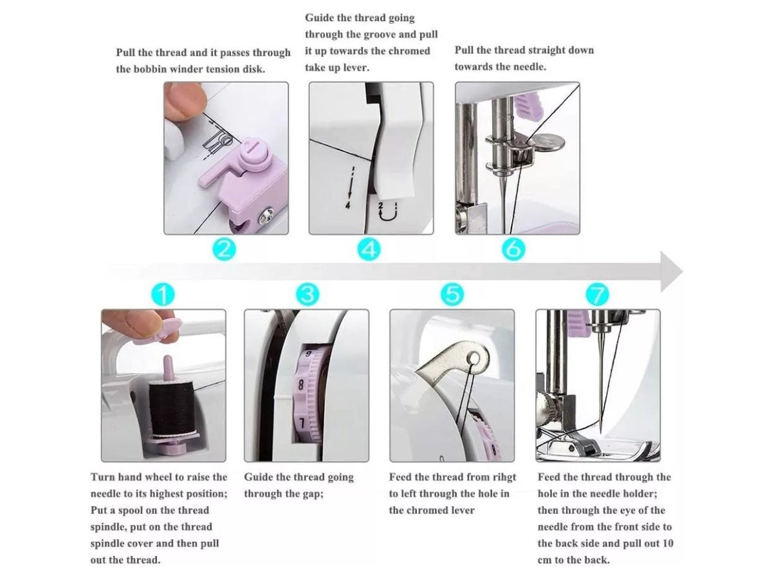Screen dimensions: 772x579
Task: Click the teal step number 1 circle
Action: click(163, 295)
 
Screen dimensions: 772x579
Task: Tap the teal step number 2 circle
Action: click(224, 250)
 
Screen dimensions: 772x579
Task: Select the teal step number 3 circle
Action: click(308, 295)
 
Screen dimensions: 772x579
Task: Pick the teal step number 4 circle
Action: click(369, 250)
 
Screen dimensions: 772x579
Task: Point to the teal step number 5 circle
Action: click(452, 295)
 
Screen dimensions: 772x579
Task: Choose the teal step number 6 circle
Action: click(513, 250)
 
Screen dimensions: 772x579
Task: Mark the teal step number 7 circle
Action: click(597, 295)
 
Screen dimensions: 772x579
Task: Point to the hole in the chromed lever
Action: click(473, 359)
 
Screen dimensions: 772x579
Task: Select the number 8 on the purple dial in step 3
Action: click(300, 385)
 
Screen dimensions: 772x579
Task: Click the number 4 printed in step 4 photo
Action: click(348, 205)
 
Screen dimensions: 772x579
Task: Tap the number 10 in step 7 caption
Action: click(668, 544)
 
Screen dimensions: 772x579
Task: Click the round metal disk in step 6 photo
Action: click(547, 142)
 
